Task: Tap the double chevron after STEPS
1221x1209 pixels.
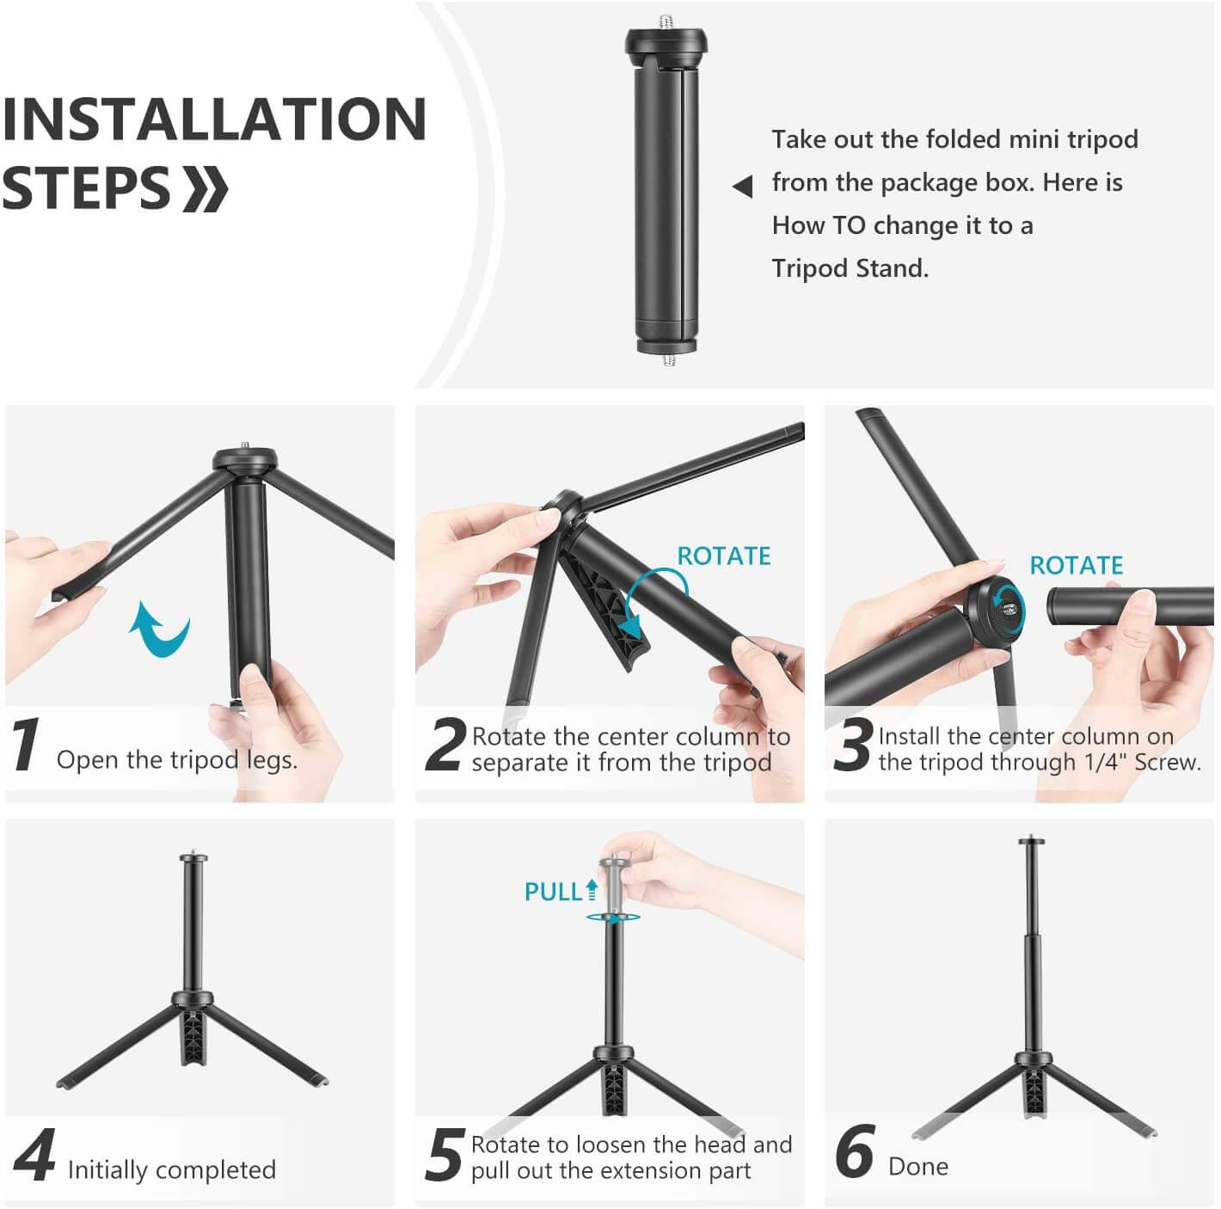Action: point(206,189)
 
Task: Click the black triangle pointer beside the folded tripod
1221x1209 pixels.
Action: point(743,186)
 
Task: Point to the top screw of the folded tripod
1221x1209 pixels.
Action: point(668,21)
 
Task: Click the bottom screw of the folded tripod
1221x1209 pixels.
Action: point(669,359)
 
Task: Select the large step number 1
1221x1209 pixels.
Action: point(26,745)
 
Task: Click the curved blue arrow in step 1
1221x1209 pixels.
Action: point(160,629)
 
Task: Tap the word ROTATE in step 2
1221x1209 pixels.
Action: point(723,556)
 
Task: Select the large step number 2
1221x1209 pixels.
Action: point(445,745)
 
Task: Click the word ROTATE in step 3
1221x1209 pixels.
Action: point(1076,566)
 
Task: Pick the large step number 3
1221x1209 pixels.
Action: point(853,745)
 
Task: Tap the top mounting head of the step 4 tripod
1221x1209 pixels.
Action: point(193,857)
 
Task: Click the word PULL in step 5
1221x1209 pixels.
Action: point(553,893)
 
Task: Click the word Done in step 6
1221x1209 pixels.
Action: point(917,1167)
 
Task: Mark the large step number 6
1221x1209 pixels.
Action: point(855,1152)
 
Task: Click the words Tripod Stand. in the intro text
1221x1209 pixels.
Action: point(850,268)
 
